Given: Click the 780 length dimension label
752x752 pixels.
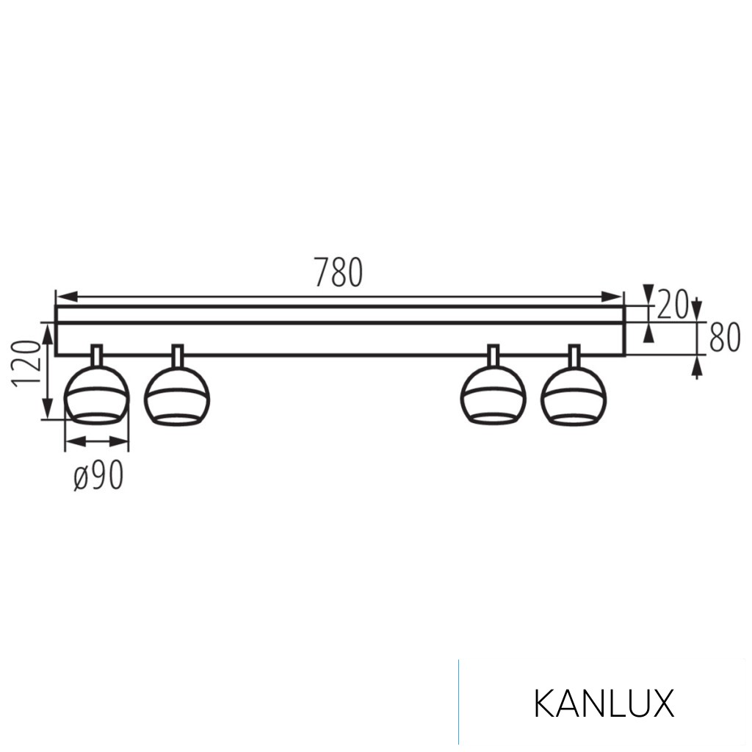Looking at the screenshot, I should [339, 272].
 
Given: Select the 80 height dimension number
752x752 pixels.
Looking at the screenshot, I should [724, 339].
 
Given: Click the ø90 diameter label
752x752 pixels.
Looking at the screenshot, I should [98, 477].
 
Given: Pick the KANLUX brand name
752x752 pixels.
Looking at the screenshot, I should [604, 704].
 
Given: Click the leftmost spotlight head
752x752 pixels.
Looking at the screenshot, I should [96, 397].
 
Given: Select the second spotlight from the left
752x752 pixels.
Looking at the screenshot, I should [177, 397].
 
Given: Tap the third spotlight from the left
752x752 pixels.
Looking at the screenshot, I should [493, 397].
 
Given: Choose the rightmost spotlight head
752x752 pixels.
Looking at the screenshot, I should [574, 397].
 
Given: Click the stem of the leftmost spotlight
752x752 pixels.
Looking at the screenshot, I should [97, 354].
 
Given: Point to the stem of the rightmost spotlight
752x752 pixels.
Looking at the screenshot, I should [574, 354].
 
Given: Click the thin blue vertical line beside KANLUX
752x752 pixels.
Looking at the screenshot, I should [459, 701].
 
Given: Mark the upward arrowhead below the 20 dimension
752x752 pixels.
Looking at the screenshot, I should [648, 333].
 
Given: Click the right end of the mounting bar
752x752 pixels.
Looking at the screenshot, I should [623, 331].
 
